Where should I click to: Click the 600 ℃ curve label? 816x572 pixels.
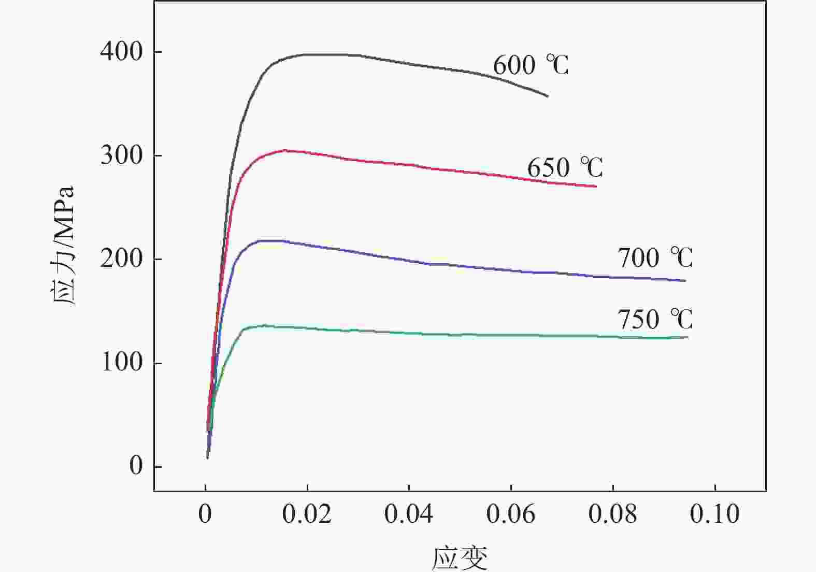point(531,65)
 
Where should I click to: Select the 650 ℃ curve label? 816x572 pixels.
point(565,168)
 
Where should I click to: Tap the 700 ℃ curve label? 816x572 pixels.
point(655,258)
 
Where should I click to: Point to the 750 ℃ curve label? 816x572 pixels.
point(655,319)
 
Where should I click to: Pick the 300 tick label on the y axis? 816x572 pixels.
point(121,155)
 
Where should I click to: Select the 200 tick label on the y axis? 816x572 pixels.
point(121,259)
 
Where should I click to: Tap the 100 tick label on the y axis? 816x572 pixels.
point(121,363)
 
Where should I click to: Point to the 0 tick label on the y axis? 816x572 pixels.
point(136,466)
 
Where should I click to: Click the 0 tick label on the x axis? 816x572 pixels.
point(205,514)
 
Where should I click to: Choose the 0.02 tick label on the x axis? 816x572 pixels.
point(307,514)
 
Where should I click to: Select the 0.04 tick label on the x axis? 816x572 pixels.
point(409,514)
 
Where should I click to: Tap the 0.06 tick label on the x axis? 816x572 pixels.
point(511,514)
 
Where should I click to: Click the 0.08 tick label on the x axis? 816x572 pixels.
point(613,514)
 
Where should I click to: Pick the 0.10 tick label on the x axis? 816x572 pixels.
point(715,514)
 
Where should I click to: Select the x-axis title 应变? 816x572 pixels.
point(460,558)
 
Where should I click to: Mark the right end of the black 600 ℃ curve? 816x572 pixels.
point(548,96)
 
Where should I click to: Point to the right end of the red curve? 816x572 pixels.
point(596,187)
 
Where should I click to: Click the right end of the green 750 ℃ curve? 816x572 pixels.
point(688,337)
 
